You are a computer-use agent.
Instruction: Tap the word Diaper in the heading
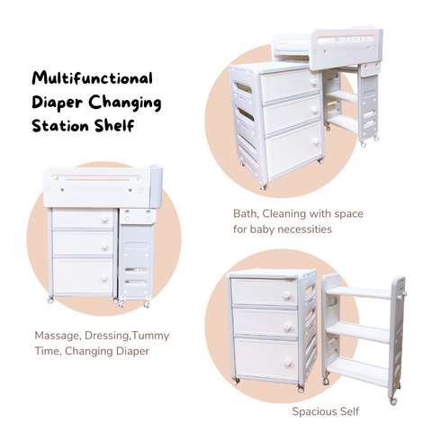(59, 102)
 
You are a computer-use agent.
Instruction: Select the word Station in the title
(60, 125)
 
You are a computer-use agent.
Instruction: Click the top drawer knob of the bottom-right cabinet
(290, 294)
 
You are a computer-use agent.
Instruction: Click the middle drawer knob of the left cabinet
(106, 244)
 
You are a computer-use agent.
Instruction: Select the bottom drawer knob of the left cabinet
(106, 276)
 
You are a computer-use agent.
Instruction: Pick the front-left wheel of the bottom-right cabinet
(237, 382)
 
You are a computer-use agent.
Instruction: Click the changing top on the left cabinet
(99, 187)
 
